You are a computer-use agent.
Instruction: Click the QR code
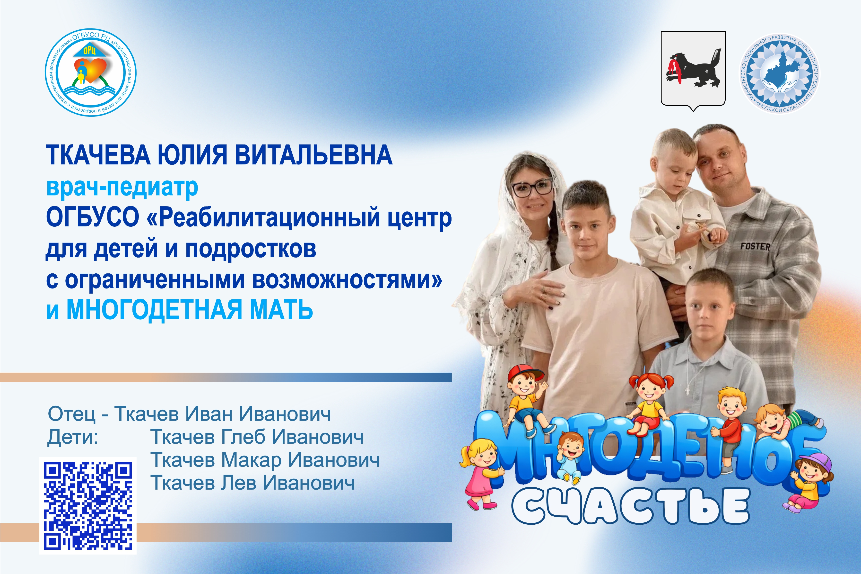88,506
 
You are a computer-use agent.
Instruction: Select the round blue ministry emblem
779,73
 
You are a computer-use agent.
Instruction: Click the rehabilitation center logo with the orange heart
90,72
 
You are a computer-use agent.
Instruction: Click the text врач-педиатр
122,188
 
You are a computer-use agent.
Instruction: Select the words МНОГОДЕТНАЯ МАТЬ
190,310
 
